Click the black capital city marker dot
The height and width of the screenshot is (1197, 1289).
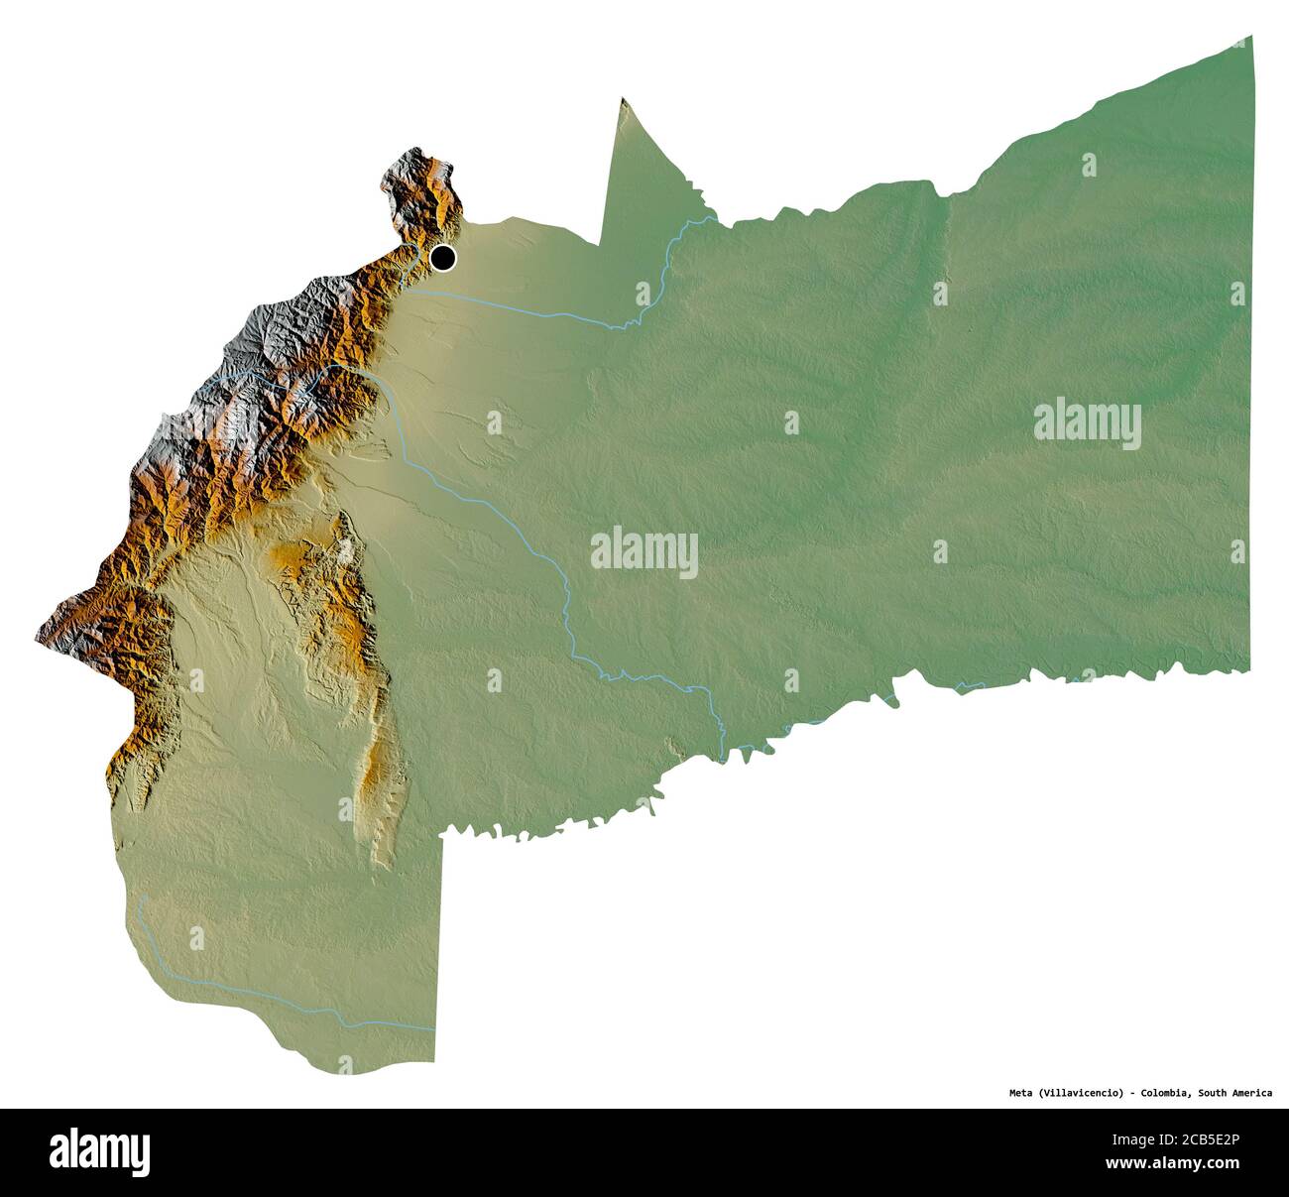(442, 259)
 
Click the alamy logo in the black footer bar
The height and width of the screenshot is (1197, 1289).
(100, 1151)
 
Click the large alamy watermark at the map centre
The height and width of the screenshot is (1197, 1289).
(644, 552)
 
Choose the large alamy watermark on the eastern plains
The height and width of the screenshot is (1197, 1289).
(1087, 425)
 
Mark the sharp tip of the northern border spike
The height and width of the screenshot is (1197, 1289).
(622, 98)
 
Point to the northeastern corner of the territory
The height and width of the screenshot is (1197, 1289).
(1252, 37)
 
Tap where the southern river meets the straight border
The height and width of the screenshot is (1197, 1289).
(434, 1029)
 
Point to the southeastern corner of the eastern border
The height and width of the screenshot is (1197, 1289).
(1248, 670)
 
